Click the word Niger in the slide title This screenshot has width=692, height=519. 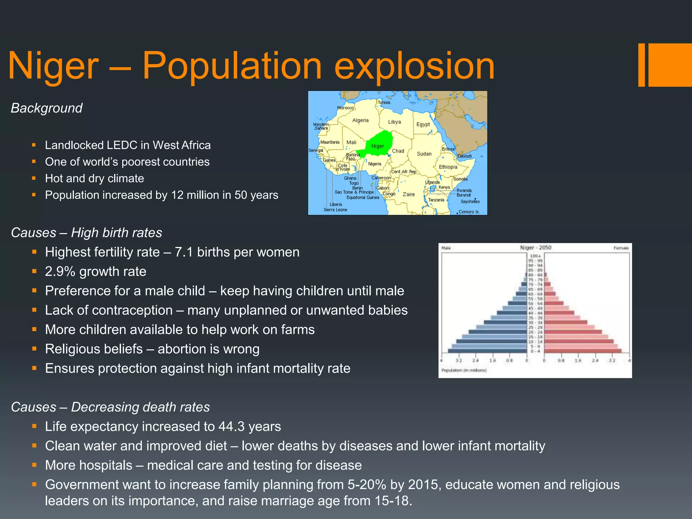coord(53,66)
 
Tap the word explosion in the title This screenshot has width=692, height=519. coord(414,66)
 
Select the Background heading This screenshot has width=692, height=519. coord(47,108)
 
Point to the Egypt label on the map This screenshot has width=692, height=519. coord(423,124)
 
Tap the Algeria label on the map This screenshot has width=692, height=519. coord(360,120)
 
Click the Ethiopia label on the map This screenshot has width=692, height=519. coord(448,167)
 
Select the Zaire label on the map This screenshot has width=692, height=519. coord(409,194)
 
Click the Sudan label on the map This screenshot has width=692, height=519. coord(424,154)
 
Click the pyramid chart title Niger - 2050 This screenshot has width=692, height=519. coord(535,248)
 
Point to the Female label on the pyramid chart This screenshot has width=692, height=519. coord(621,248)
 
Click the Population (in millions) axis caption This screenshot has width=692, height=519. coord(464,370)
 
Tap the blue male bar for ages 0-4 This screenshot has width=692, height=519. coord(488,351)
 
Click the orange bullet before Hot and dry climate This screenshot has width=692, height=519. coord(34,178)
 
